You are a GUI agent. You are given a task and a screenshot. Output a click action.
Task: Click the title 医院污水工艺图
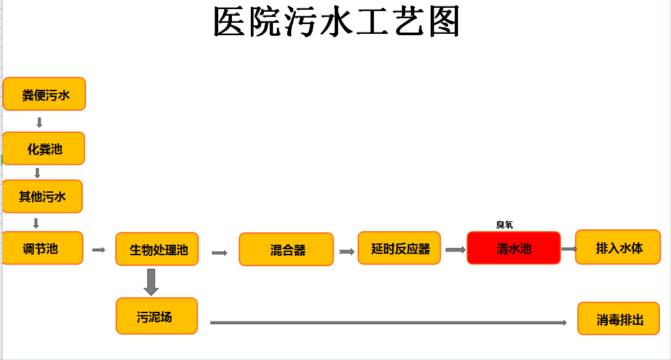[x=337, y=23]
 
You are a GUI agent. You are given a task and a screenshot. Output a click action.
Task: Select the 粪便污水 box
[x=44, y=94]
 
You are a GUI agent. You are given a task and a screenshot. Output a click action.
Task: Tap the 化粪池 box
[x=44, y=148]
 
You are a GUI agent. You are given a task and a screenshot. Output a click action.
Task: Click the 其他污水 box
[x=42, y=196]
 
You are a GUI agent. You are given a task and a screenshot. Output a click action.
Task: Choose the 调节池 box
[x=42, y=248]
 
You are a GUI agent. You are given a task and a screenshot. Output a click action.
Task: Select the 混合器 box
[x=286, y=249]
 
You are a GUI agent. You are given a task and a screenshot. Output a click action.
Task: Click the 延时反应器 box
[x=399, y=248]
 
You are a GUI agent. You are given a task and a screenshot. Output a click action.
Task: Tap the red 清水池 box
[x=513, y=248]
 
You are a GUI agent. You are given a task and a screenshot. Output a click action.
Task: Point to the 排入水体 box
[x=618, y=247]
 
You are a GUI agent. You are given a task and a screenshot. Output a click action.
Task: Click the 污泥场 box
[x=156, y=316]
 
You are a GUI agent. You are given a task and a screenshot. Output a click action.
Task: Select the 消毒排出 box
[x=618, y=319]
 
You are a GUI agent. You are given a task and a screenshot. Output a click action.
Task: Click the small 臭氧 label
[x=504, y=225]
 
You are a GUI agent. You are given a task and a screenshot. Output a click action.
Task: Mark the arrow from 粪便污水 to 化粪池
[x=40, y=122]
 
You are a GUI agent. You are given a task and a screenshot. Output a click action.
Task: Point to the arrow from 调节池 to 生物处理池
[x=98, y=249]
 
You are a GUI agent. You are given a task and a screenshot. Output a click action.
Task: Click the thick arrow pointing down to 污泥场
[x=151, y=281]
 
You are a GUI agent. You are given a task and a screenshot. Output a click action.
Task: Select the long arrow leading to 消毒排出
[x=388, y=322]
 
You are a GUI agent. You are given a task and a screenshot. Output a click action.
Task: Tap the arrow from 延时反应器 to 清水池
[x=455, y=249]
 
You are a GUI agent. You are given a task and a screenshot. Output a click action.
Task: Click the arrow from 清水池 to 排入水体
[x=569, y=249]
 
